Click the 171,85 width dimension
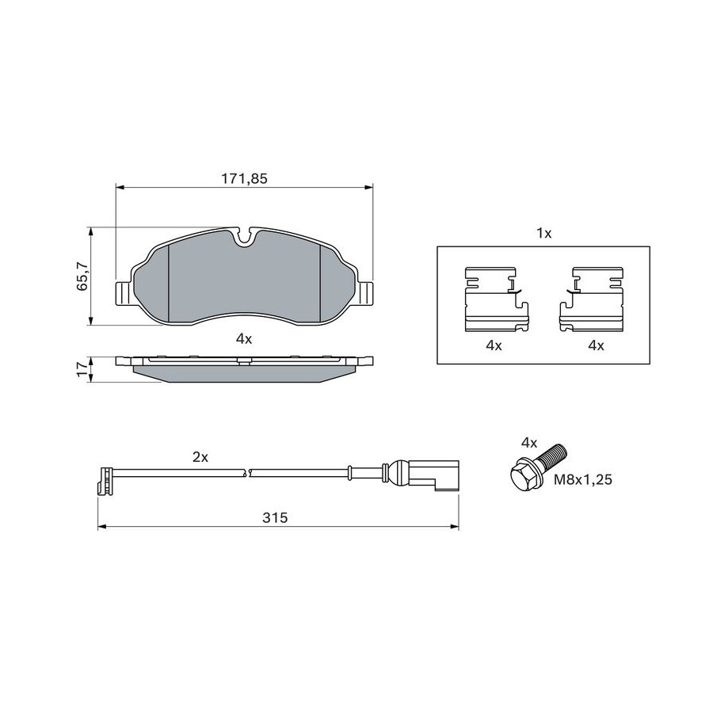pos(244,179)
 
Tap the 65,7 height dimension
pos(82,276)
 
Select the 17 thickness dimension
pos(82,368)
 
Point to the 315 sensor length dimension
pos(275,517)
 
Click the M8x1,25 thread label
pos(582,479)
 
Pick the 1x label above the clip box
pos(543,234)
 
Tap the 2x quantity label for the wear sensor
pos(200,457)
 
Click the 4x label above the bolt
pos(529,442)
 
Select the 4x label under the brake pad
pos(244,338)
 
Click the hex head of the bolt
pos(524,475)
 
